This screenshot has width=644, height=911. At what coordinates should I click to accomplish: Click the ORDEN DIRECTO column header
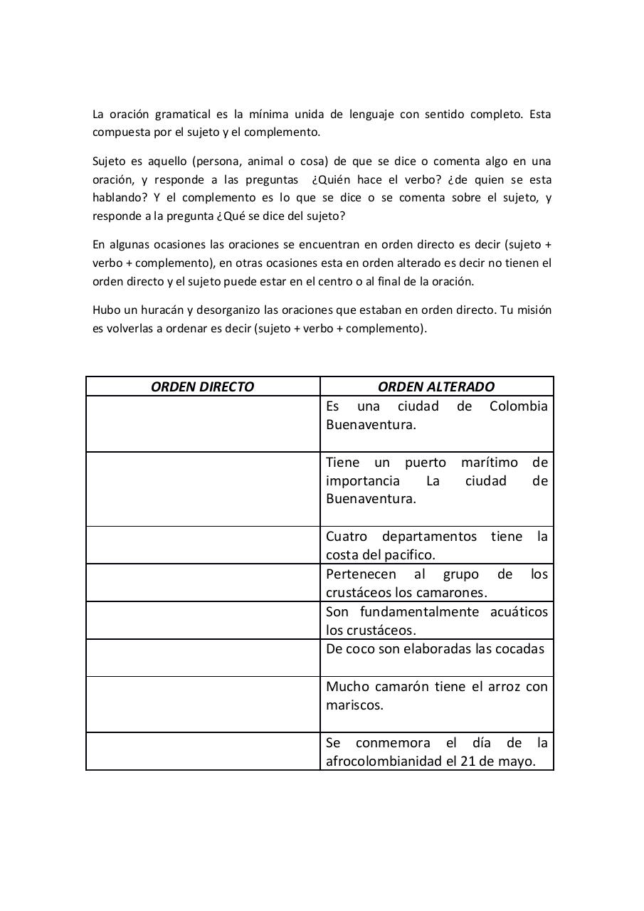[203, 386]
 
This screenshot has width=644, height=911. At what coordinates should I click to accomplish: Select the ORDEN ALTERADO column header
[436, 386]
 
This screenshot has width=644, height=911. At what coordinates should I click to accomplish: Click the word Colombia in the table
[519, 406]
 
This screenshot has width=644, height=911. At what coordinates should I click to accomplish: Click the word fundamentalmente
[418, 611]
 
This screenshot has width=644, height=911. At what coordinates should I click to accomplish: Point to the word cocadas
[520, 648]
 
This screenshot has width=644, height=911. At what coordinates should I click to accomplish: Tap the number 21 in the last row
[468, 761]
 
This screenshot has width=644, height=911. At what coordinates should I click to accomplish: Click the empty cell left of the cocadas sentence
[203, 658]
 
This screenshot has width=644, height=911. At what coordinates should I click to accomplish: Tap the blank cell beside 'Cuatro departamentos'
[203, 545]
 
